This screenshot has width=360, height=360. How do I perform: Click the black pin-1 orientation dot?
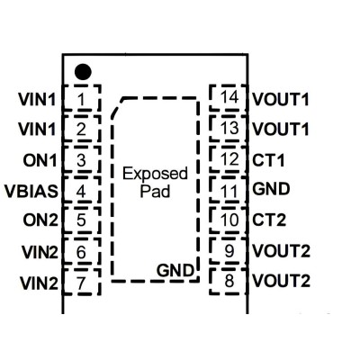[x=83, y=72]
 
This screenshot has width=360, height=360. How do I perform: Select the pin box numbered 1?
[x=81, y=98]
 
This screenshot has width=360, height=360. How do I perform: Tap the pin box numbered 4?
[x=81, y=190]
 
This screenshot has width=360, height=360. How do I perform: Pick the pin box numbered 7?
[x=81, y=282]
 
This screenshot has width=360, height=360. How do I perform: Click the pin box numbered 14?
[x=229, y=98]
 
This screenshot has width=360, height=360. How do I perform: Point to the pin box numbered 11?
[x=229, y=190]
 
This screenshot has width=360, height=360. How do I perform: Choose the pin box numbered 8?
[x=229, y=282]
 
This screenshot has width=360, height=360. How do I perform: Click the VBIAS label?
[x=31, y=191]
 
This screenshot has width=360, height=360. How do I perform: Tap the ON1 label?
[x=40, y=160]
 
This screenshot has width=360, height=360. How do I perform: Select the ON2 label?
[x=40, y=220]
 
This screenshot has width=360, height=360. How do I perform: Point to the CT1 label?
[x=268, y=160]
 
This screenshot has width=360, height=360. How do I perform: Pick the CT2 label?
[x=269, y=220]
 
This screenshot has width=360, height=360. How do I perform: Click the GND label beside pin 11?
[x=271, y=189]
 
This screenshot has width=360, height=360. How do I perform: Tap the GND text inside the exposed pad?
[x=175, y=270]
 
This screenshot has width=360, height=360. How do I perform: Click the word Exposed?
[x=155, y=174]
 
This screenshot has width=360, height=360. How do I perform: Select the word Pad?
[x=155, y=192]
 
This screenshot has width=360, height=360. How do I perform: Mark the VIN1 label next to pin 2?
[x=37, y=129]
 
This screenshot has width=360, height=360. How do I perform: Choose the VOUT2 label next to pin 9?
[x=281, y=251]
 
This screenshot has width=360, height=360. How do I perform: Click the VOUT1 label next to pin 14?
[x=281, y=99]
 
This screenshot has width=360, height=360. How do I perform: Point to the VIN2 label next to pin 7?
[x=39, y=283]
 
